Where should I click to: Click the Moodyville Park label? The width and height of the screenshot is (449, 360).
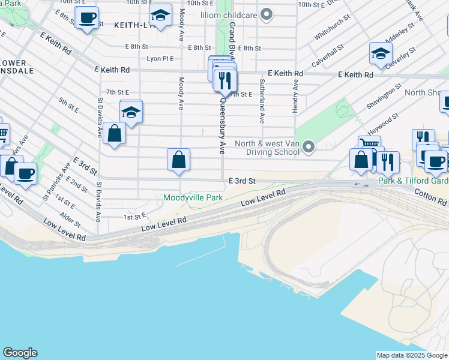tap(193, 197)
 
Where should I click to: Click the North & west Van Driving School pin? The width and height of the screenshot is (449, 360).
tap(309, 146)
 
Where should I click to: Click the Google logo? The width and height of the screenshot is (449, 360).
tap(20, 353)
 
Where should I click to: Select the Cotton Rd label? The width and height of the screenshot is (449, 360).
tap(432, 200)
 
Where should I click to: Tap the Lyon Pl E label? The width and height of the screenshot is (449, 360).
tap(160, 59)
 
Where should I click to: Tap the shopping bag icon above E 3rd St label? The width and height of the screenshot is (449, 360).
tap(178, 160)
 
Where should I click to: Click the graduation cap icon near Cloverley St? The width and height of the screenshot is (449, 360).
tap(381, 54)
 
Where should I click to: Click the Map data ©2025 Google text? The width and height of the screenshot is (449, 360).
tap(411, 355)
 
